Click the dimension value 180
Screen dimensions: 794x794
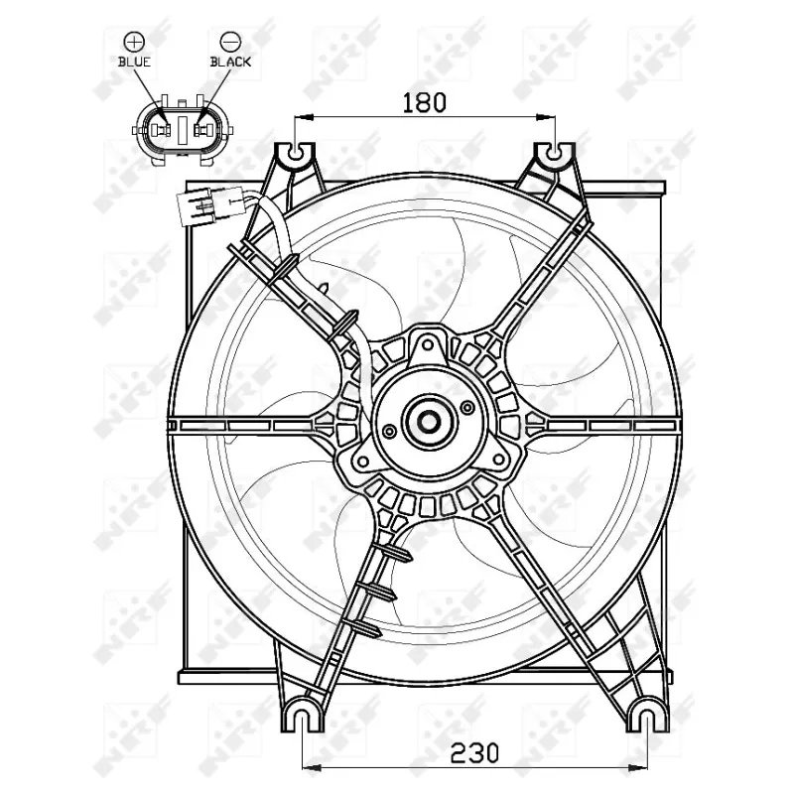[x=425, y=101]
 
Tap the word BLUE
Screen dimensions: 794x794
[x=133, y=62]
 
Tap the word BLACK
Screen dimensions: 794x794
[x=230, y=62]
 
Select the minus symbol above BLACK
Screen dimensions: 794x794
[x=230, y=41]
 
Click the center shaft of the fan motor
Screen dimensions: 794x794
[x=429, y=421]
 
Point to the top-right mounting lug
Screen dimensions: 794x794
[x=554, y=155]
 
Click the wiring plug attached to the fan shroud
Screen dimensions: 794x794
[x=210, y=209]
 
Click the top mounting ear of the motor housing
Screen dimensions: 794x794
[x=428, y=346]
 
